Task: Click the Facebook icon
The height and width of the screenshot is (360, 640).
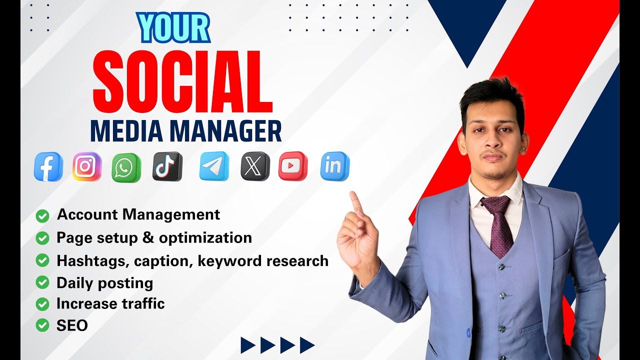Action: pyautogui.click(x=48, y=166)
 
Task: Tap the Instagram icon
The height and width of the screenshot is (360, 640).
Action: pyautogui.click(x=87, y=166)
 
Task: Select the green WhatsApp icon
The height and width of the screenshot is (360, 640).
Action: pyautogui.click(x=126, y=167)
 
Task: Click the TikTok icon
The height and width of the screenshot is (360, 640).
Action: pyautogui.click(x=167, y=166)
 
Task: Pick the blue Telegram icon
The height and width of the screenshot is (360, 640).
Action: pyautogui.click(x=214, y=166)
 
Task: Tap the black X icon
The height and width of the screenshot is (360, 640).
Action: pyautogui.click(x=255, y=166)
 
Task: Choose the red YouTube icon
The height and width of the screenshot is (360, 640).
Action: pyautogui.click(x=293, y=166)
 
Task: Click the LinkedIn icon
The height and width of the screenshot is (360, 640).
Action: pyautogui.click(x=334, y=166)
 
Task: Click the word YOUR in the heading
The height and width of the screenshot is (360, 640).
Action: pyautogui.click(x=173, y=28)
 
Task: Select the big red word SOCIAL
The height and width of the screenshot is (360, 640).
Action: pyautogui.click(x=183, y=81)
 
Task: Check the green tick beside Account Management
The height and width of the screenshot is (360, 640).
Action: pyautogui.click(x=42, y=216)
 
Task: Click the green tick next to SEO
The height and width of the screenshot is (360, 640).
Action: pyautogui.click(x=42, y=326)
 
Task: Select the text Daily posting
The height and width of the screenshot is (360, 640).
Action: pyautogui.click(x=104, y=283)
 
